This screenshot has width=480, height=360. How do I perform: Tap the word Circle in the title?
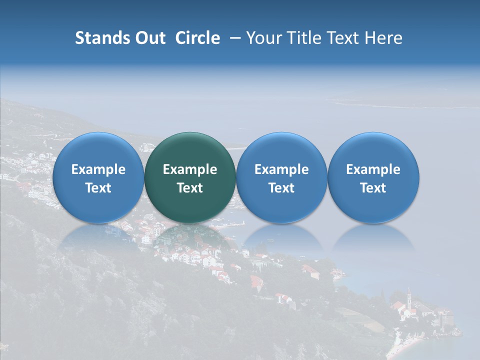197,38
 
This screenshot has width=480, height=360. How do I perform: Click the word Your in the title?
263,38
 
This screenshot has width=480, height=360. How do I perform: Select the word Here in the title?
383,38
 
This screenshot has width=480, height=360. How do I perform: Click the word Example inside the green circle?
190,169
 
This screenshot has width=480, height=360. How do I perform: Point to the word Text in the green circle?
190,188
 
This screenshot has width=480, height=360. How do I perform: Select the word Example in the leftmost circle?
98,169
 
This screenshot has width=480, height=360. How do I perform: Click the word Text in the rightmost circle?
373,188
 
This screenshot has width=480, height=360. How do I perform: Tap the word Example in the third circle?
281,169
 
